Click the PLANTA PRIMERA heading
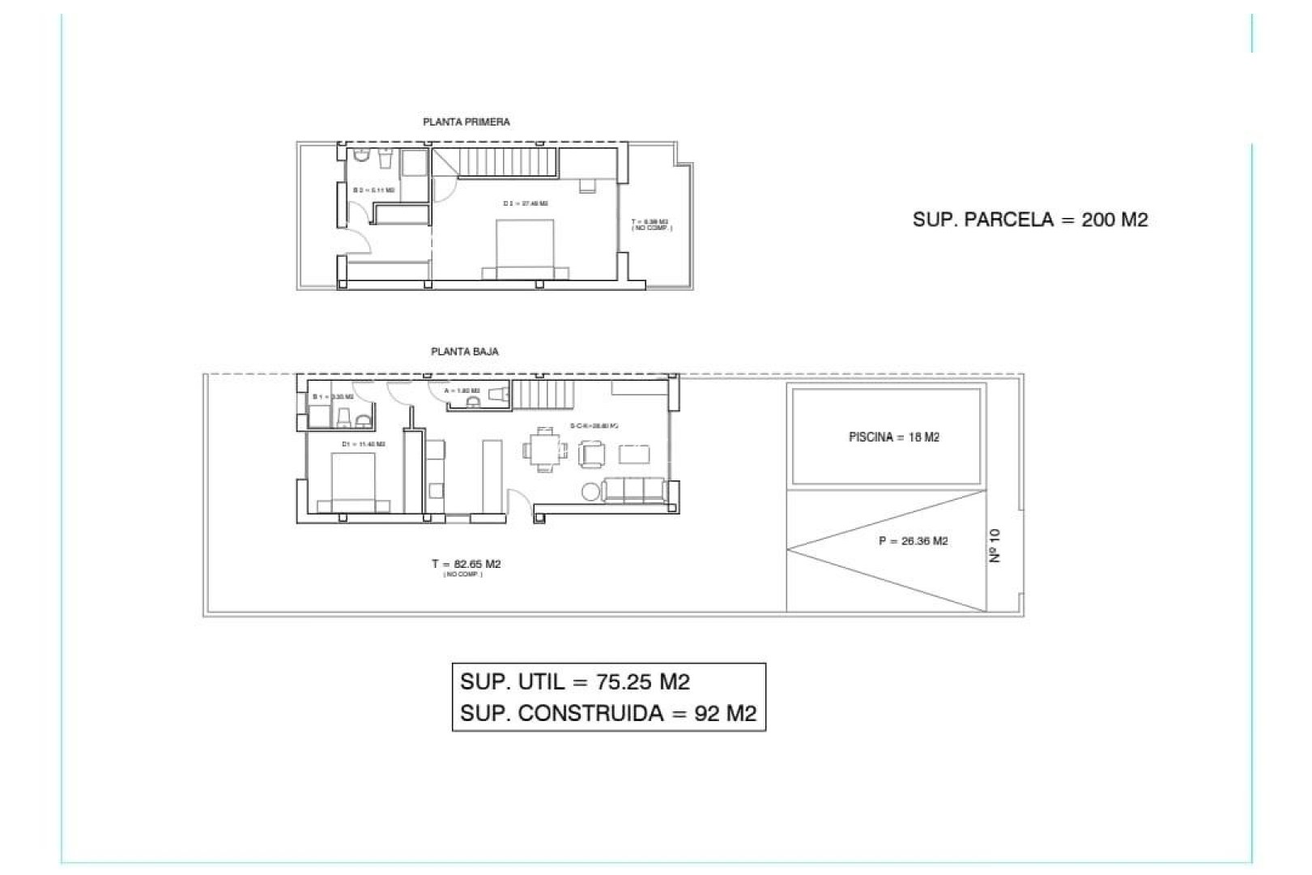point(466,122)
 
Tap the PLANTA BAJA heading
point(464,352)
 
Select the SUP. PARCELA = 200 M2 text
point(1030,220)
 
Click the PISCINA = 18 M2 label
point(894,437)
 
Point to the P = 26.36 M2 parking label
point(913,541)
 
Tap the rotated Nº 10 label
point(995,545)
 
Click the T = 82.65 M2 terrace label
point(466,564)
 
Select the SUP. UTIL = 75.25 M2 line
point(575,681)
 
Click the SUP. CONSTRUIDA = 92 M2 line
point(608,713)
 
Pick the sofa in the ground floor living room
point(637,489)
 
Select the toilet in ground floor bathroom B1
point(343,418)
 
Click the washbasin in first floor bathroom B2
point(385,156)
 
